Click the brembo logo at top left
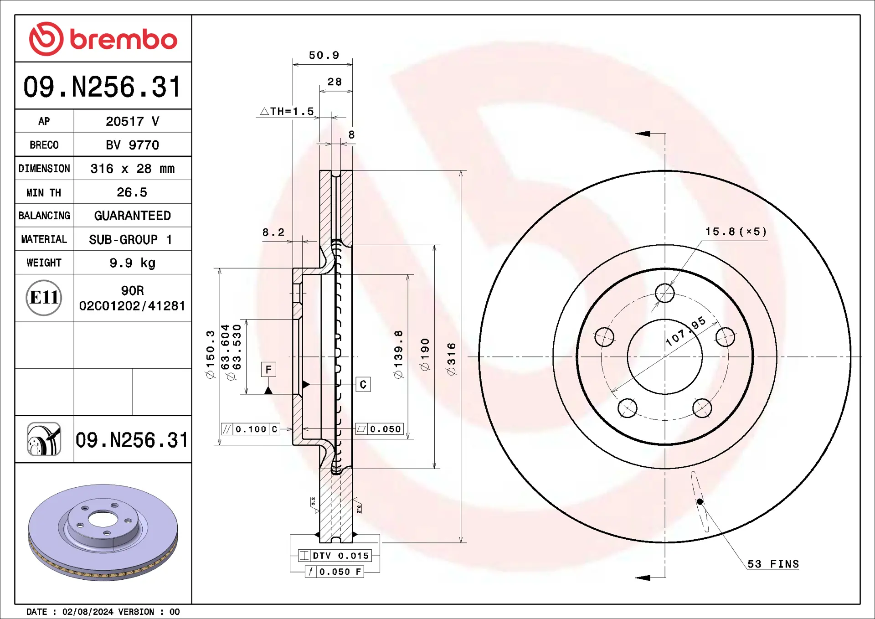(103, 39)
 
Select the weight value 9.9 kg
(132, 263)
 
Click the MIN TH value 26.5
(132, 192)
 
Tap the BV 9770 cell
(132, 145)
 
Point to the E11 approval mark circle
(44, 298)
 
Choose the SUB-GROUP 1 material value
(130, 239)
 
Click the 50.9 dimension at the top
(324, 55)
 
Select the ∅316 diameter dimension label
(451, 359)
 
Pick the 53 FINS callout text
(773, 564)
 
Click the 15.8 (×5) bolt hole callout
(736, 232)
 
